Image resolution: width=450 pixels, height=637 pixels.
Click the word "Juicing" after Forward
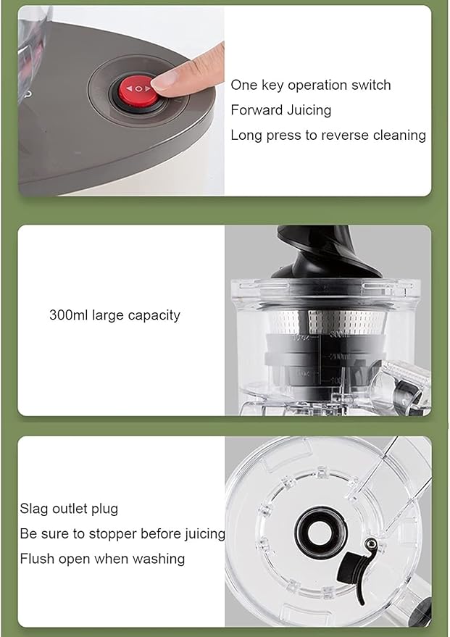[x=308, y=110]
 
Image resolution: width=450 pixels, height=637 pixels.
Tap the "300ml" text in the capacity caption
[x=68, y=315]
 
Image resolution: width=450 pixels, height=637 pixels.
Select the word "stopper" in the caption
[x=116, y=534]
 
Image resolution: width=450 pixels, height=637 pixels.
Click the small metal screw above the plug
[x=370, y=544]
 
